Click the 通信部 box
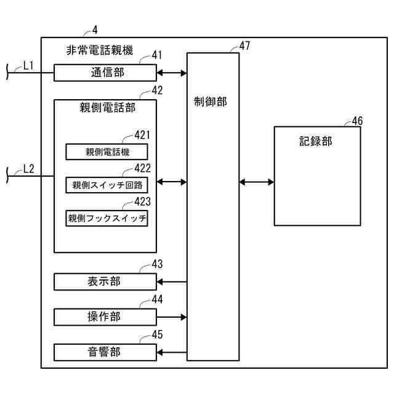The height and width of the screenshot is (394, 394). pos(105,73)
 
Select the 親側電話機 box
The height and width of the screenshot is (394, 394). pos(107,151)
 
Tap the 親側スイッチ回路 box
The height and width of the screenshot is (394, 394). pos(107,185)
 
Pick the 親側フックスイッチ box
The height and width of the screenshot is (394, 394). pos(107,218)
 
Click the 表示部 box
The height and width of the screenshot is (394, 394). pos(105,282)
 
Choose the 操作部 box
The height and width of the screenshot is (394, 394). pos(105,317)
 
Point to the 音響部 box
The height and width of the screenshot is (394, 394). pos(105,352)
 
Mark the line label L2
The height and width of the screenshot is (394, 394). pos(28,167)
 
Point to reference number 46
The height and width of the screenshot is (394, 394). pos(357,121)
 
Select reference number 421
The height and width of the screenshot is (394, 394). pos(142,135)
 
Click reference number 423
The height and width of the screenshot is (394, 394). pos(142,201)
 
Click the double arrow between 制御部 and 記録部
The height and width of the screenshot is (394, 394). pos(257,182)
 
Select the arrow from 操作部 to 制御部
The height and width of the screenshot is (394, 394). pos(172,317)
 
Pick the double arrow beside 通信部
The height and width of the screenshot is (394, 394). pos(172,73)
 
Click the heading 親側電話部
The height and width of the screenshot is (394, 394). pos(108,108)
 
